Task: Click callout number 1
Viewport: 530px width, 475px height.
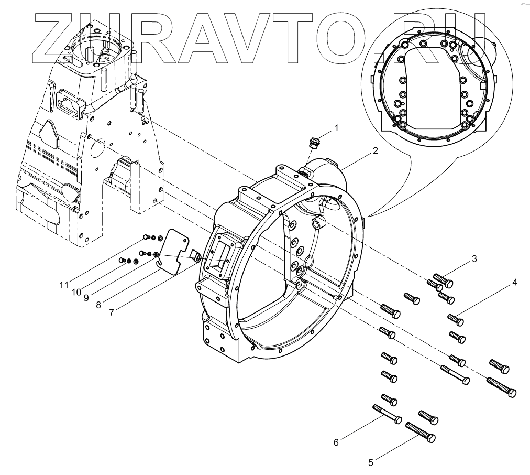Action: (336, 127)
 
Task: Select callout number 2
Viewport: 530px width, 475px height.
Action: (376, 150)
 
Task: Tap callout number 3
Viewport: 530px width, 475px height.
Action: (474, 258)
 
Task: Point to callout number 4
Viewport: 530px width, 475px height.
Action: (515, 283)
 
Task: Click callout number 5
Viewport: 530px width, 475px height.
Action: (371, 462)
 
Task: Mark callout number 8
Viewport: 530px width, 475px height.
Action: (98, 304)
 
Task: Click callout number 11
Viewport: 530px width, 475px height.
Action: (63, 285)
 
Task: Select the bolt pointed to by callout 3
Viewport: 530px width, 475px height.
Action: (443, 281)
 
